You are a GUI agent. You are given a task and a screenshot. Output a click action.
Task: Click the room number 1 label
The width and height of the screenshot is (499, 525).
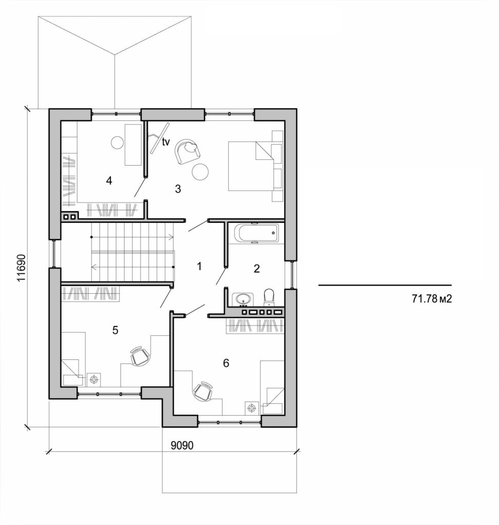point(199,266)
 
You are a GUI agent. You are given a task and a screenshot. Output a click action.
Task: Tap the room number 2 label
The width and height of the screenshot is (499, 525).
point(257,268)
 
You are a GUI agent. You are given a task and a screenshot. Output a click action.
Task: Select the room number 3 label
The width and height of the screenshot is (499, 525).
point(178,189)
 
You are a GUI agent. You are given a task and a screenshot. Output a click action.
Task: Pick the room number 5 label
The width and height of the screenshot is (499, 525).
point(115,330)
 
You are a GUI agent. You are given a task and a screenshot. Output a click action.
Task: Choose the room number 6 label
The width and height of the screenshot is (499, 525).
point(226,363)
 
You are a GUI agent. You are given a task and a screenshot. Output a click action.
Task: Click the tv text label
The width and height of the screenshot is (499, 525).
point(166,143)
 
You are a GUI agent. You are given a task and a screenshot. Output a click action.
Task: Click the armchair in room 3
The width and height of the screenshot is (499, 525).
point(186,151)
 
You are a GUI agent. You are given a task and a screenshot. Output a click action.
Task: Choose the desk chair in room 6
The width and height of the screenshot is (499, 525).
point(204,392)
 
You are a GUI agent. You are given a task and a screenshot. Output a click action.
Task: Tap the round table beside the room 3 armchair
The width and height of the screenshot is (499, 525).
point(200,172)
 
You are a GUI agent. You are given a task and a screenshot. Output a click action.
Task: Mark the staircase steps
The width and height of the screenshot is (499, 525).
point(132,251)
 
